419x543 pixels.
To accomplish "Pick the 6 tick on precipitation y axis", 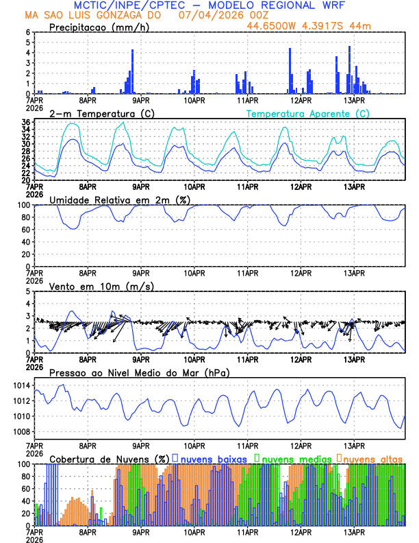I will [x=27, y=32].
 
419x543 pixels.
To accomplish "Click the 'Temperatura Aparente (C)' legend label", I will [x=307, y=113].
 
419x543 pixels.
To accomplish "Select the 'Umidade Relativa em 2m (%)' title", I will [x=119, y=200].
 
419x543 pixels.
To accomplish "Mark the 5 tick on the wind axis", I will [x=27, y=291].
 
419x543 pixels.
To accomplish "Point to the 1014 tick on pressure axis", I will [x=19, y=386].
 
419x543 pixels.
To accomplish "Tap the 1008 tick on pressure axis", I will [x=19, y=431].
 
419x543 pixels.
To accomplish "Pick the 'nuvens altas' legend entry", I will [x=372, y=457].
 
